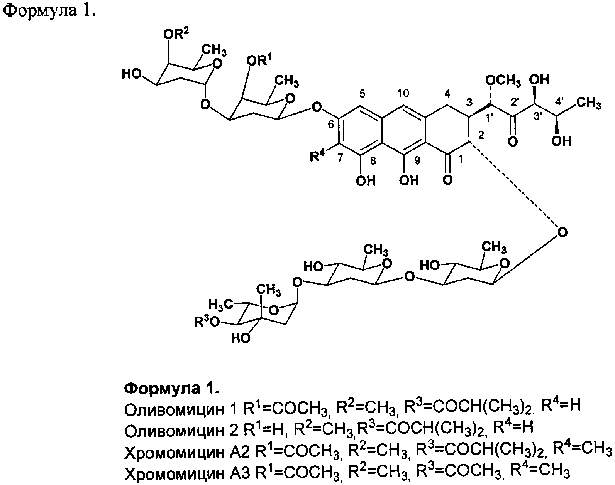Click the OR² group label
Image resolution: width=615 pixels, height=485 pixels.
176,35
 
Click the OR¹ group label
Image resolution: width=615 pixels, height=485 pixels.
259,61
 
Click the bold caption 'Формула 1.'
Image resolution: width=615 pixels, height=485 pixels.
171,388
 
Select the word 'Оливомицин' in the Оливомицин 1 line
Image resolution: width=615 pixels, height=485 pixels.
173,408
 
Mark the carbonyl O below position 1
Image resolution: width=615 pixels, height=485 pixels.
447,180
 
